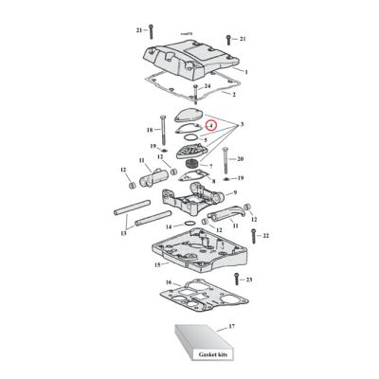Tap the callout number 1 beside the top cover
(x=246, y=72)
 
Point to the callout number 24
(x=208, y=86)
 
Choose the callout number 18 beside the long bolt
(x=150, y=129)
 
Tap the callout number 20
(x=241, y=158)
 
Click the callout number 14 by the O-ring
(x=167, y=227)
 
